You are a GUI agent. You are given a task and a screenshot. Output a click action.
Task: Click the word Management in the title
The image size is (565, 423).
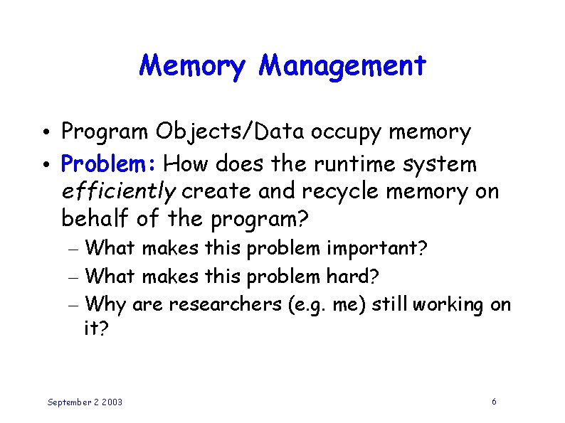tap(342, 66)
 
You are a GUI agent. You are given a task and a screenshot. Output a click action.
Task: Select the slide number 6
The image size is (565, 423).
tap(494, 402)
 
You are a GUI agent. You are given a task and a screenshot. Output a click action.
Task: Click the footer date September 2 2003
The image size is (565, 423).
tap(85, 402)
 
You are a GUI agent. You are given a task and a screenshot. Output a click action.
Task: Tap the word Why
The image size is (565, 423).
tap(110, 305)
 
